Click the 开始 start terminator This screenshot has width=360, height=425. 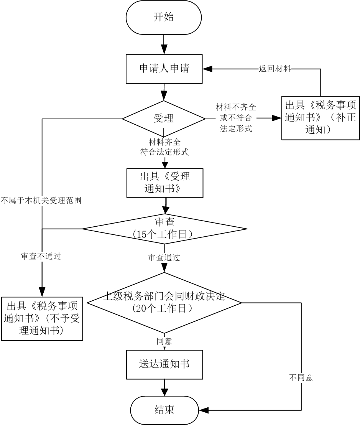tap(164, 17)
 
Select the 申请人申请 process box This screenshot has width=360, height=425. tap(164, 69)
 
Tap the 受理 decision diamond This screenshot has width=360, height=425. tap(164, 119)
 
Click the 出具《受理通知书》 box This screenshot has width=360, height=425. tap(165, 183)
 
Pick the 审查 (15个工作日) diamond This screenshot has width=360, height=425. tap(165, 229)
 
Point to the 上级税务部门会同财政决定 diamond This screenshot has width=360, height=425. tap(164, 303)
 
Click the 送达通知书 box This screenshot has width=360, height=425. tap(164, 364)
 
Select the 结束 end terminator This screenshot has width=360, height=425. tap(164, 410)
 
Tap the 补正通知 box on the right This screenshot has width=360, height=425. tap(321, 118)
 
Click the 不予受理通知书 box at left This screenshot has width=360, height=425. tap(42, 319)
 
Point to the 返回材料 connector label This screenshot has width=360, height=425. tap(275, 69)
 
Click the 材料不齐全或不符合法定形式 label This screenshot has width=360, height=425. tap(236, 118)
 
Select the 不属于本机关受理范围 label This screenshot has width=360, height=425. tap(41, 201)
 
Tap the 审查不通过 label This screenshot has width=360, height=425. tap(41, 256)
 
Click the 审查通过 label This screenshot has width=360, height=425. tap(164, 257)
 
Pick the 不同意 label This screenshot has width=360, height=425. tap(301, 377)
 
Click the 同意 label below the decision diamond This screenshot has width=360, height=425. tap(164, 341)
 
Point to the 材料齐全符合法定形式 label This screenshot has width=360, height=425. tap(164, 147)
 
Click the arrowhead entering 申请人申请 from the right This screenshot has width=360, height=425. tap(207, 69)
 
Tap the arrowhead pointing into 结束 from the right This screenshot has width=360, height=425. tap(204, 410)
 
